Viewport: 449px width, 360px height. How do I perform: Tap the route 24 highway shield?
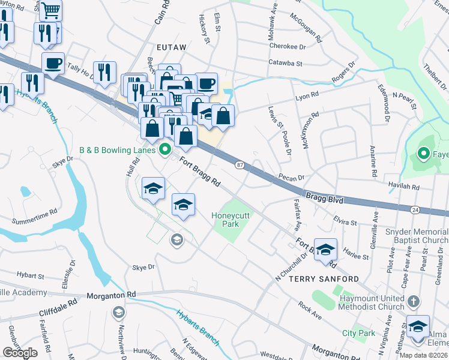point(415,209)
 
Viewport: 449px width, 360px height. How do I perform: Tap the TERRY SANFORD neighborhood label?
point(324,279)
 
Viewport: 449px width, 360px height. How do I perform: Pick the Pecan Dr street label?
point(292,178)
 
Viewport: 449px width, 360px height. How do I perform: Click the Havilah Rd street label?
point(403,187)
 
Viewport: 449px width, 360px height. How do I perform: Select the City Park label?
point(358,333)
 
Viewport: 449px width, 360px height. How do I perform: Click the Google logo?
point(19,353)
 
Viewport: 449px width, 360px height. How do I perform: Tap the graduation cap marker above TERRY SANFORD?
point(325,250)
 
